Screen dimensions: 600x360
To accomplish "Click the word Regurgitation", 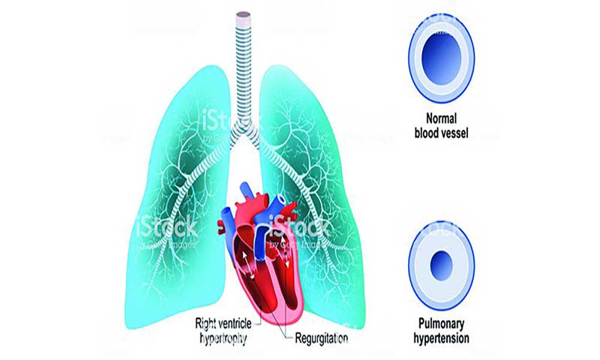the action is click(x=322, y=338).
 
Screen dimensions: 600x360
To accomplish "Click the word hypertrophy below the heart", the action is click(x=223, y=338).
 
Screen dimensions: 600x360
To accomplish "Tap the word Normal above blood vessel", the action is click(x=441, y=118).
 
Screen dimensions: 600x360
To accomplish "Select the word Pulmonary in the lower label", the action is click(x=441, y=323).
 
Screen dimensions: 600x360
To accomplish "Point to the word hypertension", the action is click(x=441, y=338).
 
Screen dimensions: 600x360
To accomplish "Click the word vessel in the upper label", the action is click(x=455, y=133).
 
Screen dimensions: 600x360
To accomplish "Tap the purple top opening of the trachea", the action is click(x=244, y=16).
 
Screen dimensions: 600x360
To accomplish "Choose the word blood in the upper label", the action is click(x=427, y=133).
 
